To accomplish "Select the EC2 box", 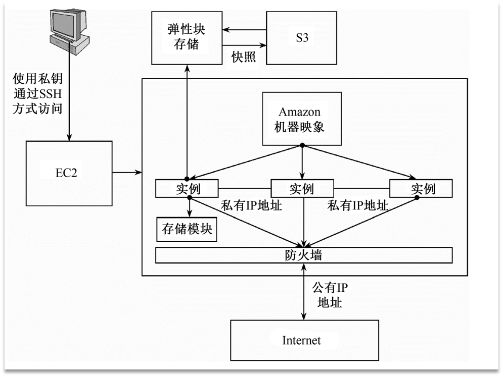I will coord(69,173).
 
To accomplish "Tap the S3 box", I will coord(302,38).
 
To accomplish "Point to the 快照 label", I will coord(244,56).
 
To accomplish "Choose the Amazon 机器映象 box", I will coord(302,119).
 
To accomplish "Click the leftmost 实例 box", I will coord(187,189).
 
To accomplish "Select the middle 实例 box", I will coord(302,189).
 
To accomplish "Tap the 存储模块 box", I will coord(187,230).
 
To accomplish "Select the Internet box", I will coord(302,340).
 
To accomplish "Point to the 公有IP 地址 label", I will coord(330,295).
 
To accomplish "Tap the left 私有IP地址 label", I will coord(251,205).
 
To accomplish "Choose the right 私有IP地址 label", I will coord(358,205).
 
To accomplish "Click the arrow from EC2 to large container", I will coord(126,173).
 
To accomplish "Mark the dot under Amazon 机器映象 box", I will coord(302,146).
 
